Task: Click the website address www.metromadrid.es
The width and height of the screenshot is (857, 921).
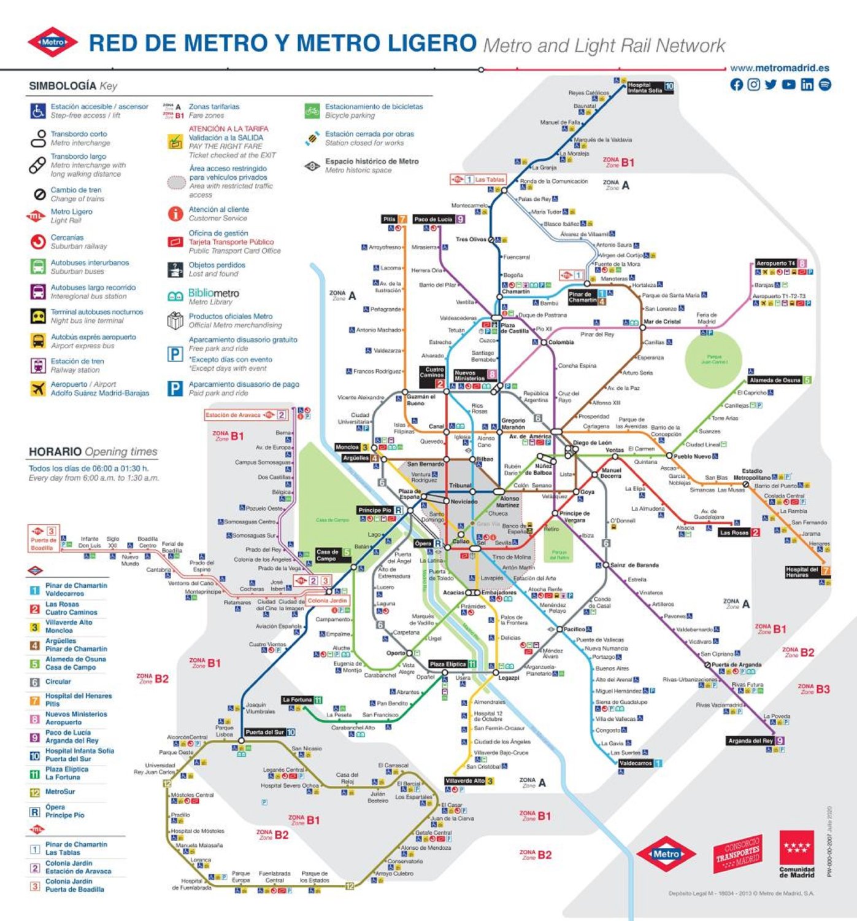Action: click(779, 68)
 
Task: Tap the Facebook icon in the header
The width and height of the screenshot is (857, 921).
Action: click(736, 85)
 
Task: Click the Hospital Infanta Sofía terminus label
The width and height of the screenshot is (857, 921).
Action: click(645, 87)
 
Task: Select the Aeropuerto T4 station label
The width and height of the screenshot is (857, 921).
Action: click(775, 263)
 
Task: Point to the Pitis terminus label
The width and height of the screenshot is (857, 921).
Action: click(390, 219)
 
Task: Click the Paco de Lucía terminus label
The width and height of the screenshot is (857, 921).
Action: click(433, 219)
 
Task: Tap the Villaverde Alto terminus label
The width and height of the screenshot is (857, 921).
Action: click(464, 781)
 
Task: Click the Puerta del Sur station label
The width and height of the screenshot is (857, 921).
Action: click(265, 732)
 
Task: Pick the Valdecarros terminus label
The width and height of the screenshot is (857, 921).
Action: click(635, 763)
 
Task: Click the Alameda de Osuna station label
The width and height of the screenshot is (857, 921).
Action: click(774, 380)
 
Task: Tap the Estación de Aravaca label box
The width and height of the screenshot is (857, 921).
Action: click(233, 415)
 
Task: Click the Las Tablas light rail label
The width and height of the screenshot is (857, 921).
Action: click(490, 179)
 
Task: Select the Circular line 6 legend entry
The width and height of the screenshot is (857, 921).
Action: click(58, 682)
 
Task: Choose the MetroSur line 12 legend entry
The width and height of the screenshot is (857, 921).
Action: click(60, 792)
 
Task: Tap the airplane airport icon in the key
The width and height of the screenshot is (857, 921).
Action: click(38, 389)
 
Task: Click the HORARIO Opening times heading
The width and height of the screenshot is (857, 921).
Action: click(93, 452)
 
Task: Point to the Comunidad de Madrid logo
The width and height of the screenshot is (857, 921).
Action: click(796, 853)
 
